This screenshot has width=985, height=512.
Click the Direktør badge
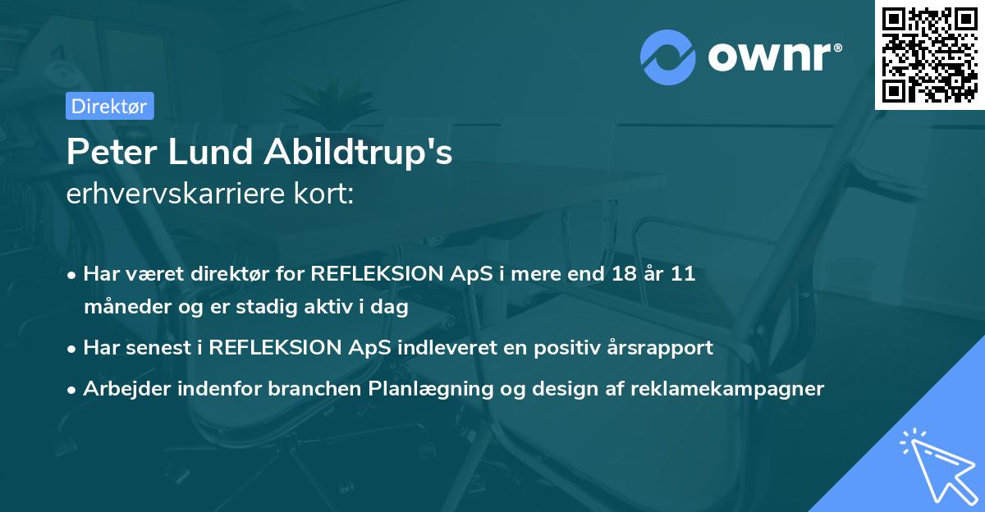coord(108,106)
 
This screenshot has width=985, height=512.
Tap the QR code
coord(929,54)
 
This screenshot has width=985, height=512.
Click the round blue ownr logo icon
coord(668,57)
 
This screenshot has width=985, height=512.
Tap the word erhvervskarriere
coord(179,194)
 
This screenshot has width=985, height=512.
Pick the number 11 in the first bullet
coord(681,273)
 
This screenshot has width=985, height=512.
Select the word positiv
coord(572,347)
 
